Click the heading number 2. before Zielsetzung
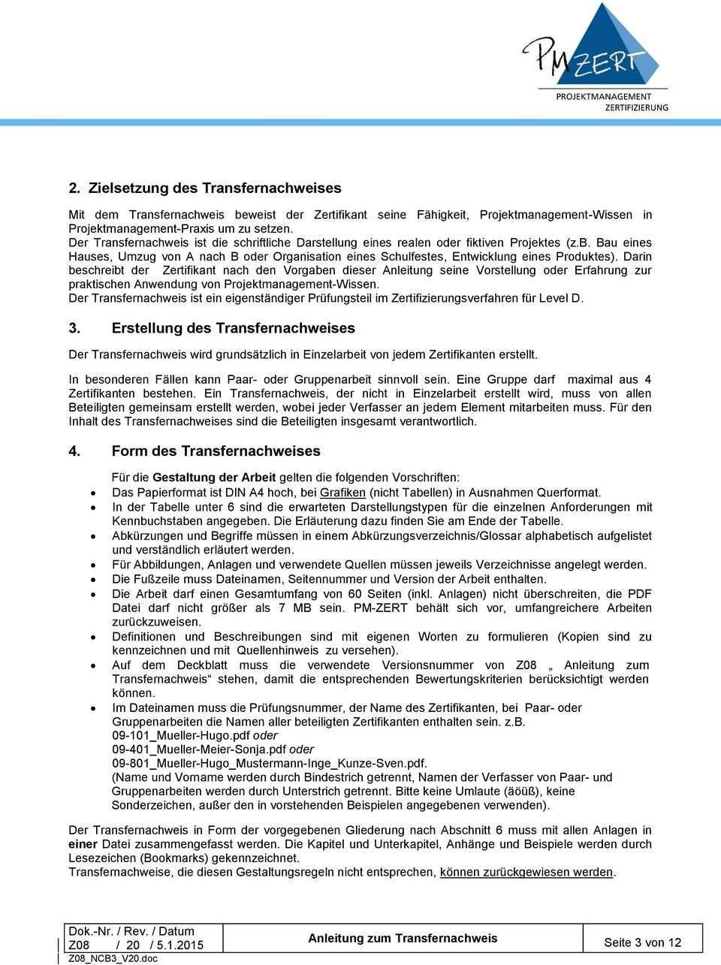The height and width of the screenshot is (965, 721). pos(74,188)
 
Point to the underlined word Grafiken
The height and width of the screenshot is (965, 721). pos(342,493)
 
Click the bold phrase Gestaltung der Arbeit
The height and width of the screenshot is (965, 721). pos(214,477)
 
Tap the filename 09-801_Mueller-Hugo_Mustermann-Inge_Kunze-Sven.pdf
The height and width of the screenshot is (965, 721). pos(269,763)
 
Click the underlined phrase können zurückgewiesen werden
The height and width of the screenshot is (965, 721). pos(527,872)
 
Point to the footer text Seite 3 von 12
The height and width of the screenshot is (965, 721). pos(642,942)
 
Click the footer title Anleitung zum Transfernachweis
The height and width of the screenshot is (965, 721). pos(403,938)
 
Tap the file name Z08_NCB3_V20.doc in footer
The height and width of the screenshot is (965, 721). pos(113,959)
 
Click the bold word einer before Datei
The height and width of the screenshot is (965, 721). pos(83,844)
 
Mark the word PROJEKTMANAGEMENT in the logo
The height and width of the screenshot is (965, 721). pos(603,96)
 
